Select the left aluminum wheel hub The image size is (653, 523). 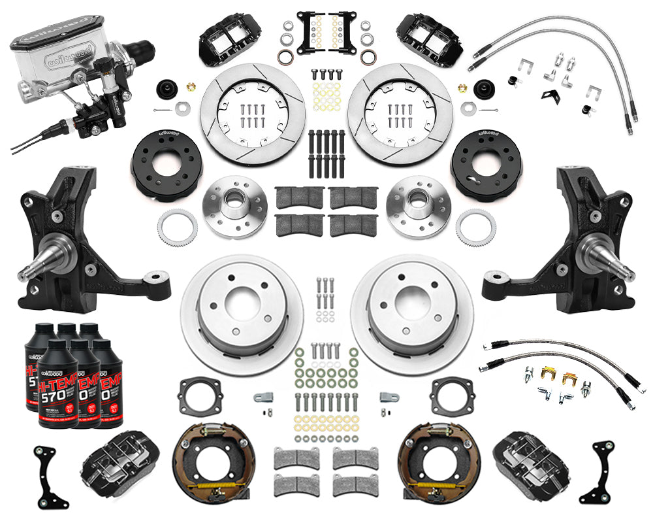(x=234, y=207)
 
